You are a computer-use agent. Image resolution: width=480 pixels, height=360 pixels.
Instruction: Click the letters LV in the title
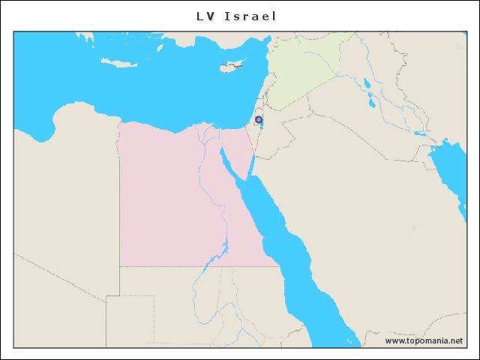tap(205, 16)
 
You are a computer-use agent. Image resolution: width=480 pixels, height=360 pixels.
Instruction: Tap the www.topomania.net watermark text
tap(424, 340)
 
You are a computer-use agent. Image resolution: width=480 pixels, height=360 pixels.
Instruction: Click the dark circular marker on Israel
tap(259, 119)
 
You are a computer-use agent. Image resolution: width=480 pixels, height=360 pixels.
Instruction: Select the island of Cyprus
tap(232, 66)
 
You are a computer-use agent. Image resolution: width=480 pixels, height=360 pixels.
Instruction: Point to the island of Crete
tap(119, 63)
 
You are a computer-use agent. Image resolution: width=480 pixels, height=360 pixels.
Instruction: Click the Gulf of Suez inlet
tap(228, 161)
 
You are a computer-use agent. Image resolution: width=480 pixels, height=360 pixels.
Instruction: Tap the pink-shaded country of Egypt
tap(172, 195)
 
